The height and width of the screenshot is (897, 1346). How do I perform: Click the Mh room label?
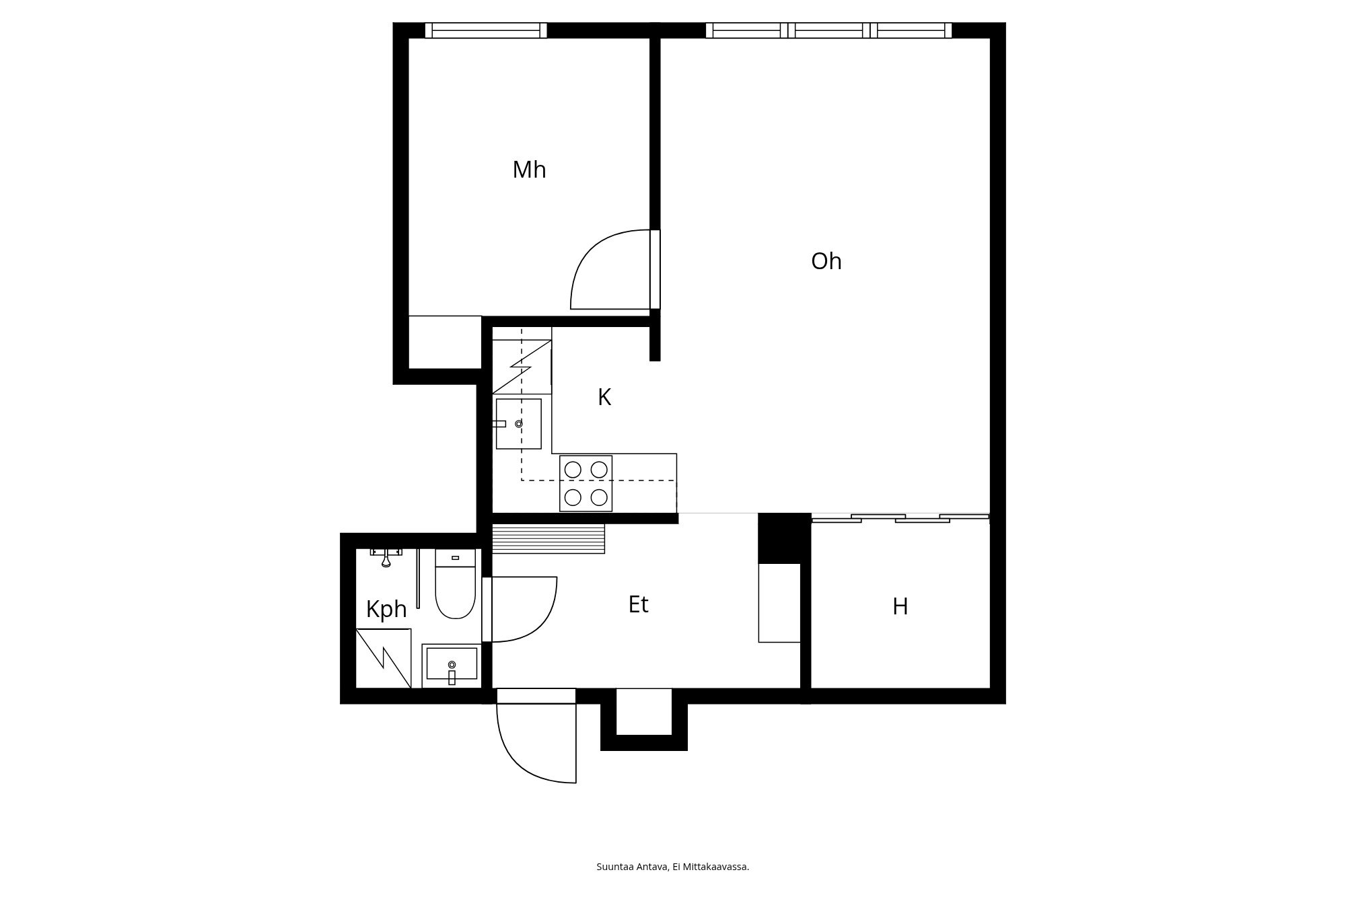coord(529,170)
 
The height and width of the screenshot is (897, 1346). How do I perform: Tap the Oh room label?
coord(826,261)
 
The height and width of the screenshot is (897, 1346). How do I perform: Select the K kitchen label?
coord(604,398)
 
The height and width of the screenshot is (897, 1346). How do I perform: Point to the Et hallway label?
coord(638,605)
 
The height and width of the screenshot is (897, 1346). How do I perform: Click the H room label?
coord(900,607)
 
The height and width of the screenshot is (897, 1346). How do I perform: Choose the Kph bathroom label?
coord(386,610)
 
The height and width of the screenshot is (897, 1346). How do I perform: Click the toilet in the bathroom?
coord(456,583)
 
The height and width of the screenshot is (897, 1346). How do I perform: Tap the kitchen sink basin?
coord(519,424)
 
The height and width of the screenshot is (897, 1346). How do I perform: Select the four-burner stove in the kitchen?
coord(586,484)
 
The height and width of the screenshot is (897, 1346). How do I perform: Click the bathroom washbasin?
coord(452,666)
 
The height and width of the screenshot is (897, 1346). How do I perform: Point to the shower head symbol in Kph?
coord(386,558)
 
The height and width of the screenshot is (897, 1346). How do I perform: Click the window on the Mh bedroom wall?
coord(486,30)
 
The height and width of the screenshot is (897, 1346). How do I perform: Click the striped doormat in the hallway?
coord(548,539)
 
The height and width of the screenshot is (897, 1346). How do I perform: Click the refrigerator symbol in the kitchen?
coord(522,367)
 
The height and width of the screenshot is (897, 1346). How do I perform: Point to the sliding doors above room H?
coord(900,518)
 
